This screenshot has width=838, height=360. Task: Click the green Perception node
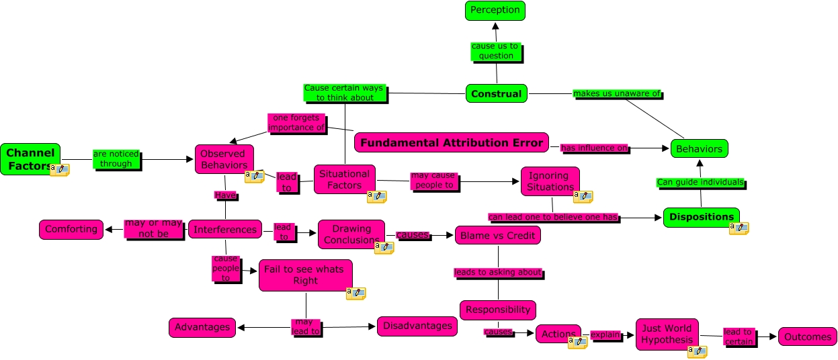coord(495,10)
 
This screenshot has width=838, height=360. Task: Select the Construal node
coord(496,93)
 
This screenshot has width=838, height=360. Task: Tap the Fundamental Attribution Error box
coord(451,142)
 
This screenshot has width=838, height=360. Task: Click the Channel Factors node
coord(30,159)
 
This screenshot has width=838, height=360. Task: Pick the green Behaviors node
coord(699,148)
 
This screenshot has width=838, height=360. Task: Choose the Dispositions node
coord(701,217)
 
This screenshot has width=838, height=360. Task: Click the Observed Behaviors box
coord(224,159)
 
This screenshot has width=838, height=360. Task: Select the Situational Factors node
coord(344,179)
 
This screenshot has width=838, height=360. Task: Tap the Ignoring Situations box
coord(549,181)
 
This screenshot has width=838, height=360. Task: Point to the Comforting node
coord(71,229)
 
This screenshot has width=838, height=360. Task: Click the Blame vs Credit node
coord(498,235)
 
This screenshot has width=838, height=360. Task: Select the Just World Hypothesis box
coord(667,334)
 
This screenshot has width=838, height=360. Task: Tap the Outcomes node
coord(807,336)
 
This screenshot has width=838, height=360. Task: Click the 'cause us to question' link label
coord(495,51)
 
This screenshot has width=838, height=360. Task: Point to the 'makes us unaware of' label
coord(617,94)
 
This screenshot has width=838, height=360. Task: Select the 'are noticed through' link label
coord(116,159)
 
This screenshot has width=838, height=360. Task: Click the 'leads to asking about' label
coord(497,273)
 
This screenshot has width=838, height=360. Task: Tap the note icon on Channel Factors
coord(60,169)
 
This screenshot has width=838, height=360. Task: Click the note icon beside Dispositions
coord(739,228)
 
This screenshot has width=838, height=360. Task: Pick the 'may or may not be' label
coord(153,228)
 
